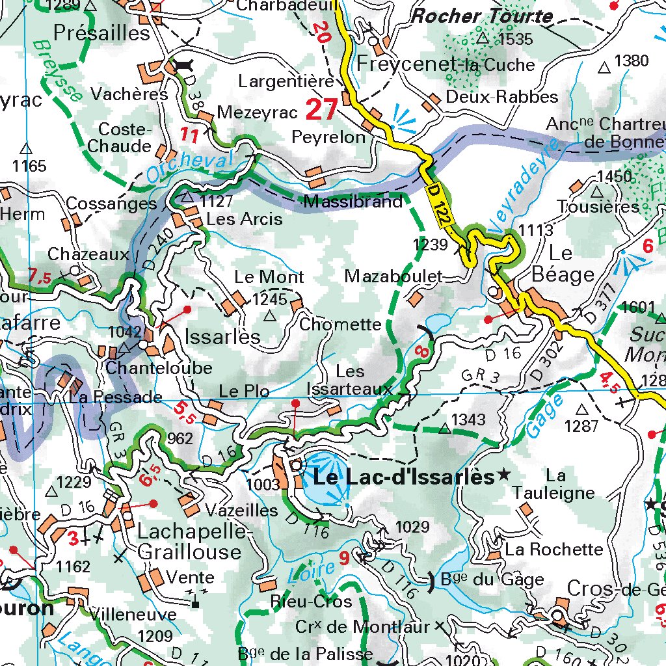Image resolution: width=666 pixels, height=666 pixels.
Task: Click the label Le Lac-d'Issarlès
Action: coord(403,477)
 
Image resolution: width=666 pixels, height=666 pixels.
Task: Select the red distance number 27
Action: coord(321,109)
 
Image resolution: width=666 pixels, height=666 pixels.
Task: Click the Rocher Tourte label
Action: coord(483,16)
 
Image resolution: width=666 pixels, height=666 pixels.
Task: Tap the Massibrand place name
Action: coord(353,202)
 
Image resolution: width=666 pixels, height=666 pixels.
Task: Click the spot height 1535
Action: coord(516,39)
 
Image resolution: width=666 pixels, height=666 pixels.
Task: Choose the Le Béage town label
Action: coord(563,263)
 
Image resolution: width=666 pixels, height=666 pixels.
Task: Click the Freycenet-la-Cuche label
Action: coord(446,64)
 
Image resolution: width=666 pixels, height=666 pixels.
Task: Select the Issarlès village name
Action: coord(223,337)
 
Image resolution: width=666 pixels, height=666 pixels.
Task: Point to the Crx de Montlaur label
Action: coord(362,627)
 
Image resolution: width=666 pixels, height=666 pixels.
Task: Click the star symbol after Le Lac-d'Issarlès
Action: coord(503,475)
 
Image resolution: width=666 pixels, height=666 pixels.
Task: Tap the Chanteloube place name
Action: coord(159,368)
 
